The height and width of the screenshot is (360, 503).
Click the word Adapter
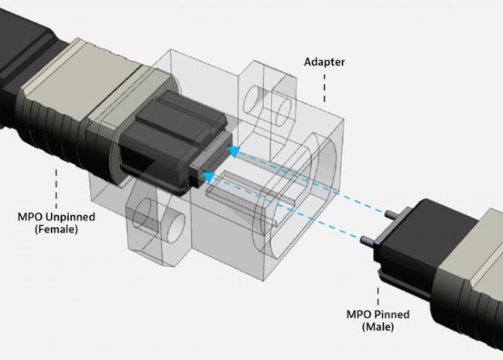324,62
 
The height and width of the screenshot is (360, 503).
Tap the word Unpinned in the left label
70,218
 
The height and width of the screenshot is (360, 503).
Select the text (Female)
56,229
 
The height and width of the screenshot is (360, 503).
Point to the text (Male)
378,327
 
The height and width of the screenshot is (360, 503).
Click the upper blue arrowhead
234,152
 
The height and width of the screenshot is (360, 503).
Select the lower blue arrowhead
209,177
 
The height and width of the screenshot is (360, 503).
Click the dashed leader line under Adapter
324,88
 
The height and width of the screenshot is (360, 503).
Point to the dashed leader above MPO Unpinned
56,189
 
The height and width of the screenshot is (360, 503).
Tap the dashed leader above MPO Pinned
378,296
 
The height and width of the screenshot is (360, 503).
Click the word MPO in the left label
30,218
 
